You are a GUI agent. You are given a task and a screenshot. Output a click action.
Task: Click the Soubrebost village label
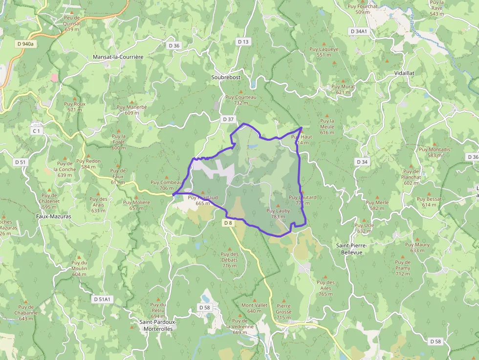point(230,77)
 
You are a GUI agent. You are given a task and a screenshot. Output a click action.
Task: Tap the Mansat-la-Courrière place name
point(118,57)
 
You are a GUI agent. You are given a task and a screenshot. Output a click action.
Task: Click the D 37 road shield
point(228,119)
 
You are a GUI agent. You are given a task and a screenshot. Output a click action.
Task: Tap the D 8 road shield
point(228,223)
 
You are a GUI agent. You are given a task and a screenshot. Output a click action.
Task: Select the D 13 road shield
point(243,42)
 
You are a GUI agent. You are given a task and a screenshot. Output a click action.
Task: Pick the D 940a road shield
point(25,43)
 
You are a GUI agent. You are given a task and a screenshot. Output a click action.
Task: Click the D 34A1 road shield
point(359,31)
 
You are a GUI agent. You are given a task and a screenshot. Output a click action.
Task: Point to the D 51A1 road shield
point(103,299)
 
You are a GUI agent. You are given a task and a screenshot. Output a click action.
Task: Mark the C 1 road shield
point(37,131)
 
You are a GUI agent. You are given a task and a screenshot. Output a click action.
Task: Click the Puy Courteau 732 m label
point(241,100)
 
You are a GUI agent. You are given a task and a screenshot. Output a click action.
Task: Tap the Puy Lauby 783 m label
point(278,213)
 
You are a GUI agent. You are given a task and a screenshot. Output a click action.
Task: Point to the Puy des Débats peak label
point(229,259)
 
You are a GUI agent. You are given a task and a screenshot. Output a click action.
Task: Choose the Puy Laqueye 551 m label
point(324,52)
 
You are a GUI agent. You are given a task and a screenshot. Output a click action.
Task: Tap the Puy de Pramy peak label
point(403,268)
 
